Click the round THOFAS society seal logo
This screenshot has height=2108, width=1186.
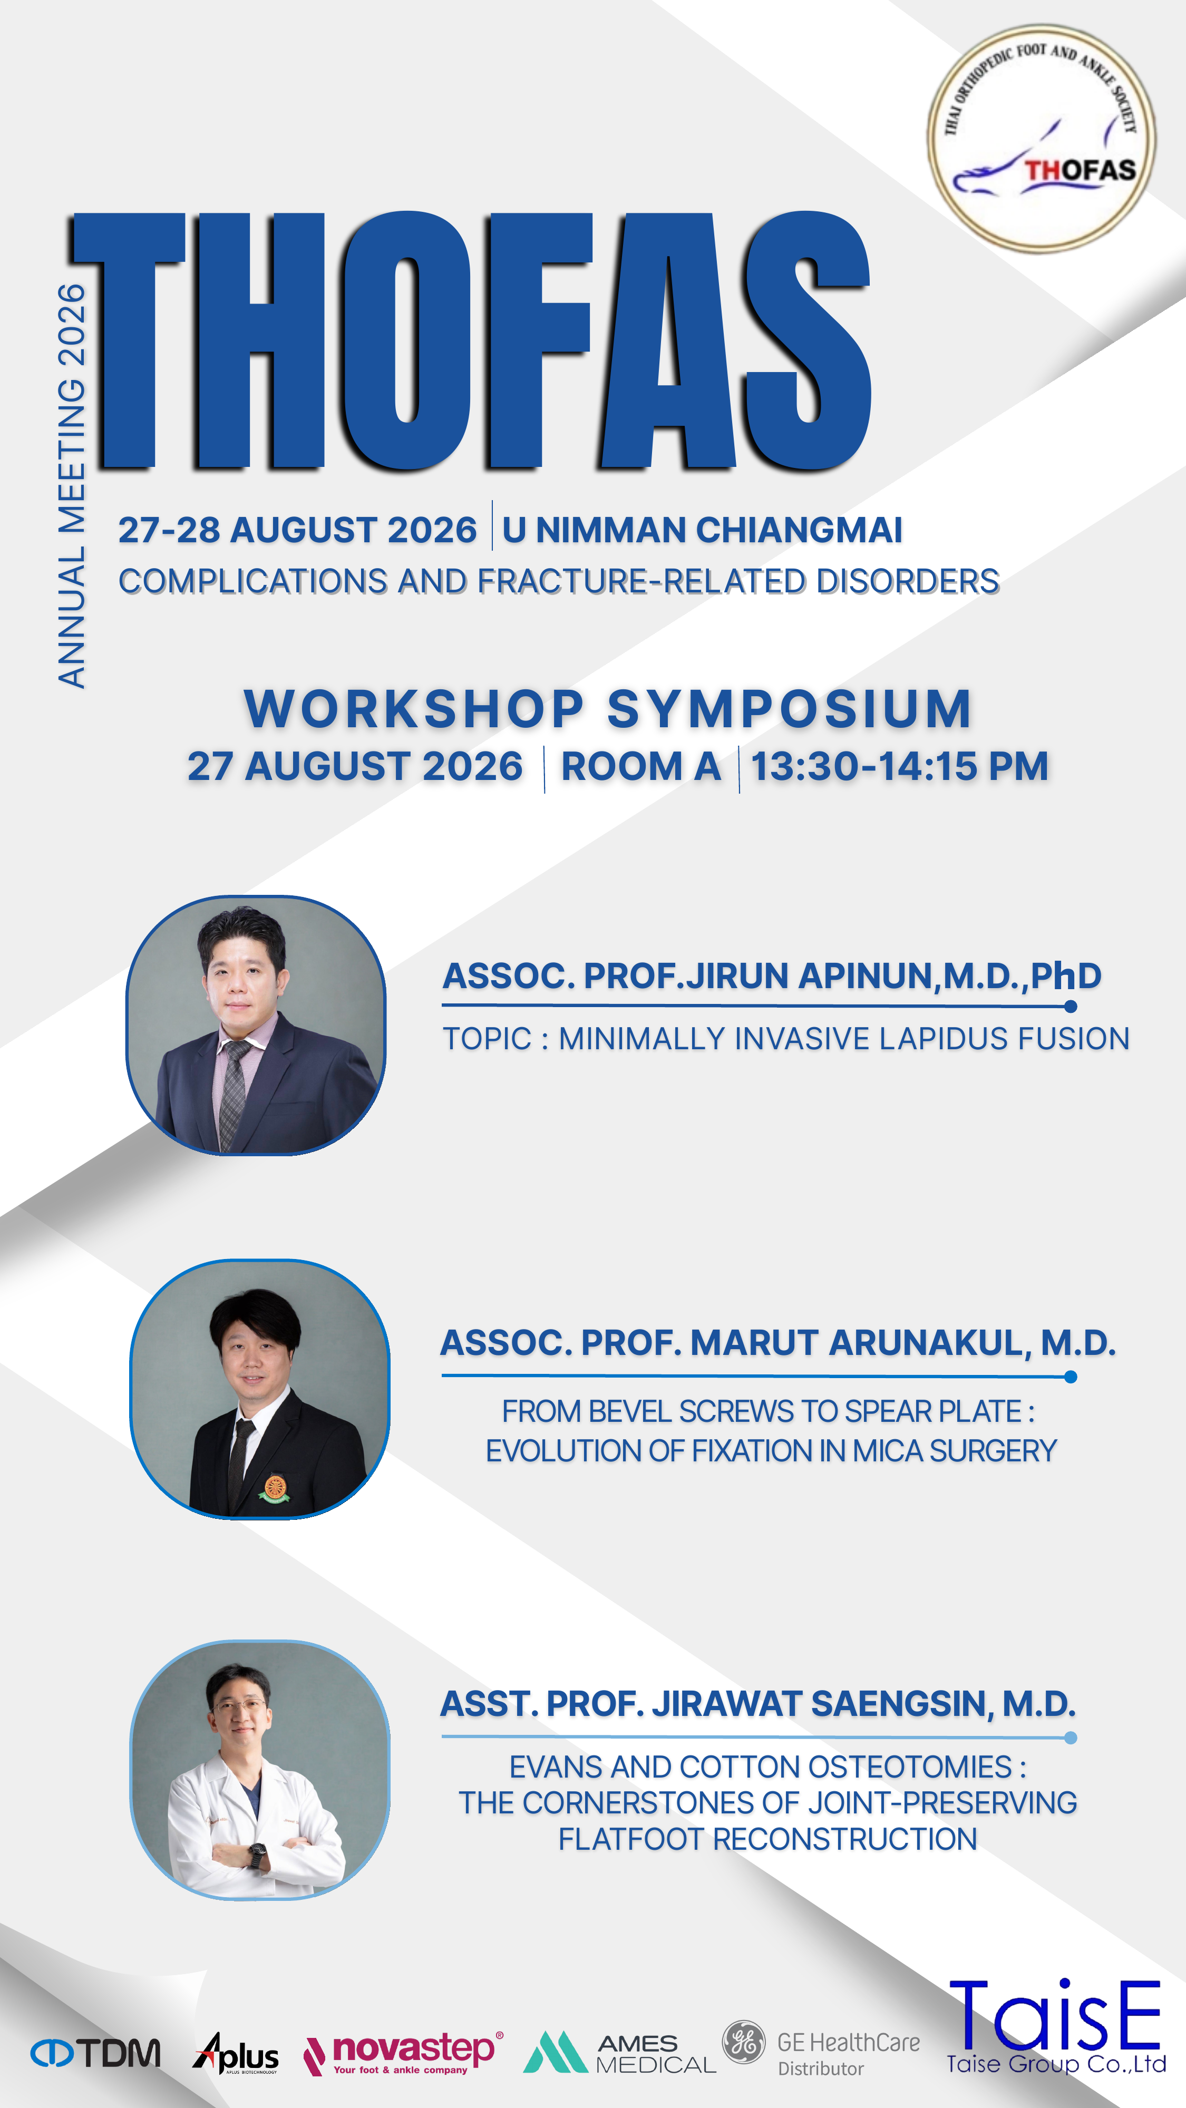coord(1041,138)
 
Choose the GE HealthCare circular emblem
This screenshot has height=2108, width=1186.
coord(743,2043)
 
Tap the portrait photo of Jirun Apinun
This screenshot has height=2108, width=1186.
coord(255,1026)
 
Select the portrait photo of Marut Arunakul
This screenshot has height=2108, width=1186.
coord(259,1389)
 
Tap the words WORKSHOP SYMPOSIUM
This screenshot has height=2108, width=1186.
coord(608,709)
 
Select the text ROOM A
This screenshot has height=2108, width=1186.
coord(641,767)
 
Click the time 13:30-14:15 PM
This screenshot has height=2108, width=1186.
coord(900,767)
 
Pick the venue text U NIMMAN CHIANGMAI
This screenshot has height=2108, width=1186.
coord(702,530)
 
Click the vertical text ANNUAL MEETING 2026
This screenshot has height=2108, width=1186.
coord(71,485)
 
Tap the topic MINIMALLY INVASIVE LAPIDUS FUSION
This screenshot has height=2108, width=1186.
coord(844,1038)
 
